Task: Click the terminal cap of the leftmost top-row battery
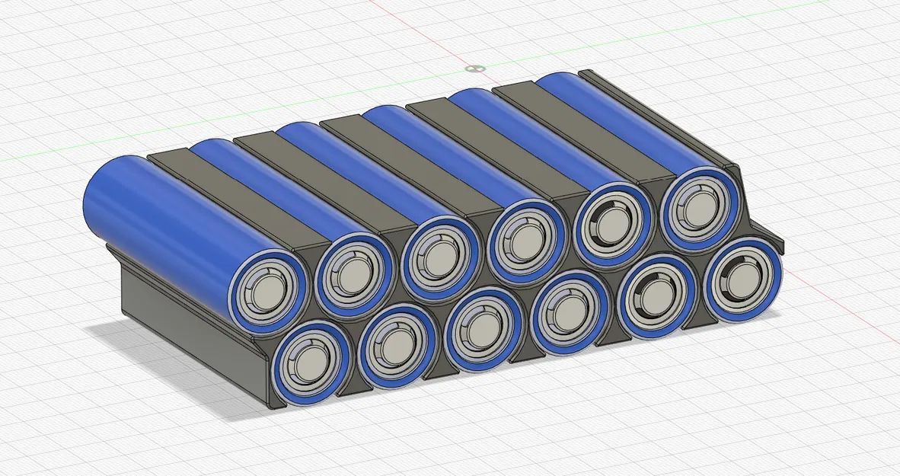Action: (x=268, y=292)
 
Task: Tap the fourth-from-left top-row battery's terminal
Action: (x=527, y=243)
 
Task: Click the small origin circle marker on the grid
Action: (x=475, y=69)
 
